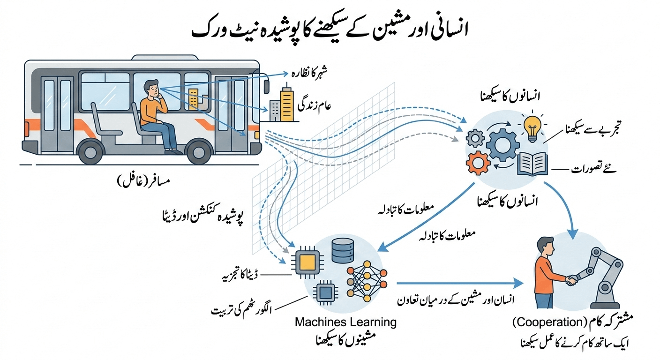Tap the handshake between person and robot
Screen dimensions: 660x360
tap(571, 280)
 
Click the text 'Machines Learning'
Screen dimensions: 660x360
tap(345, 322)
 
